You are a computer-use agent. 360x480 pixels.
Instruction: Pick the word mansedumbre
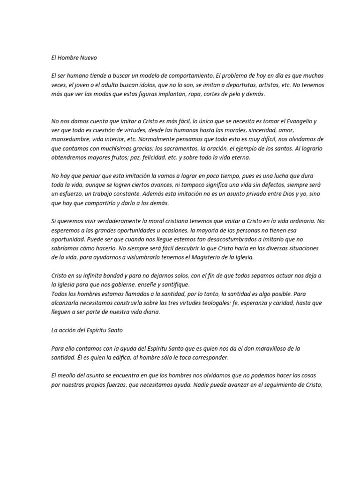pyautogui.click(x=72, y=140)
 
